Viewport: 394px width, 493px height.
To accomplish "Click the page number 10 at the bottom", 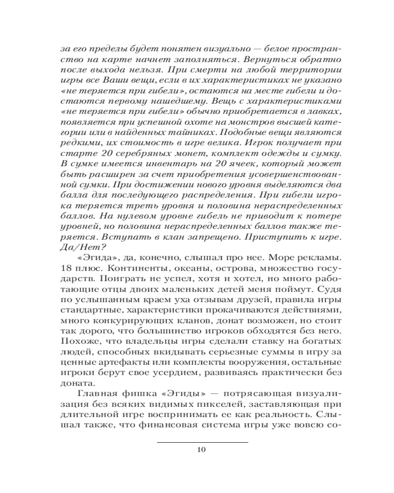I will coord(201,449).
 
